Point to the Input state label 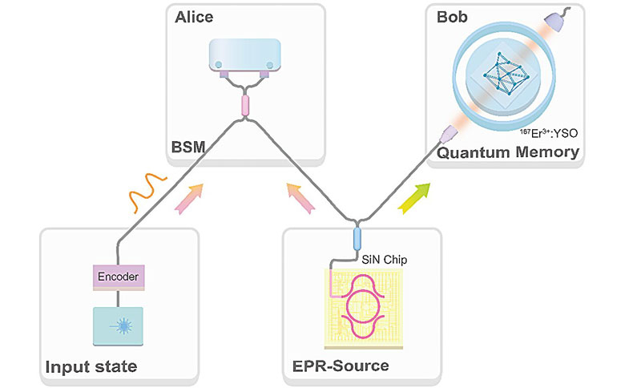point(90,367)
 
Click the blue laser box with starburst point(118,327)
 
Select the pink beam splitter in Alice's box point(245,105)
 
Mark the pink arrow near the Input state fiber point(188,198)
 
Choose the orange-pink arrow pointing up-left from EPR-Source point(298,196)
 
